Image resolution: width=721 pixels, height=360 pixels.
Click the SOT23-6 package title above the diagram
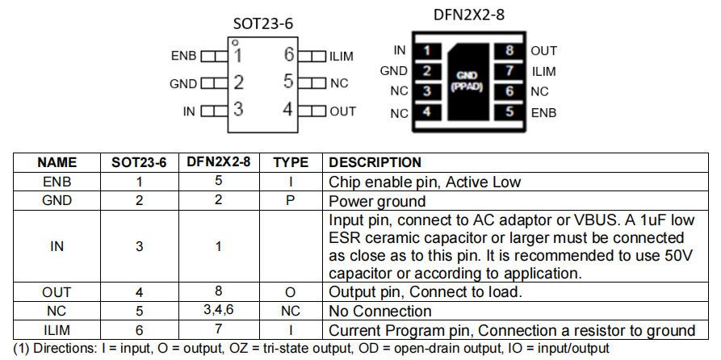point(262,23)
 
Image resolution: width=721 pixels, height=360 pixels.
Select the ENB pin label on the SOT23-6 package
point(183,57)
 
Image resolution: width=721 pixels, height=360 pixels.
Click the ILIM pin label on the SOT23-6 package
point(341,57)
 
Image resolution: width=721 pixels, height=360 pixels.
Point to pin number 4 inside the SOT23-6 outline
point(287,110)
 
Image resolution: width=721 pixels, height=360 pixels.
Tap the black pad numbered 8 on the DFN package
point(509,51)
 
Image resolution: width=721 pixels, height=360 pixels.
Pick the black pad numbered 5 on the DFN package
point(509,112)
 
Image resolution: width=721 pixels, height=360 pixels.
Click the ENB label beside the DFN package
point(543,112)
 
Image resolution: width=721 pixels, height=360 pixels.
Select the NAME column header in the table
point(57,162)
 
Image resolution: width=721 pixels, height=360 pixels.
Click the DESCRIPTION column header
point(375,162)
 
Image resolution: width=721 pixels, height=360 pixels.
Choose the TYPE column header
point(291,162)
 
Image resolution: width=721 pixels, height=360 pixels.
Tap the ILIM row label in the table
point(57,330)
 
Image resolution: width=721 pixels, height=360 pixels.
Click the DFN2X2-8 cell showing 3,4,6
point(218,311)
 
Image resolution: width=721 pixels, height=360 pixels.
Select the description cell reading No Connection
point(380,311)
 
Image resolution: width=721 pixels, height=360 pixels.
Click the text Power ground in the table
point(377,201)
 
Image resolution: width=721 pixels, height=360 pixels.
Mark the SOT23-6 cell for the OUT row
point(138,291)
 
